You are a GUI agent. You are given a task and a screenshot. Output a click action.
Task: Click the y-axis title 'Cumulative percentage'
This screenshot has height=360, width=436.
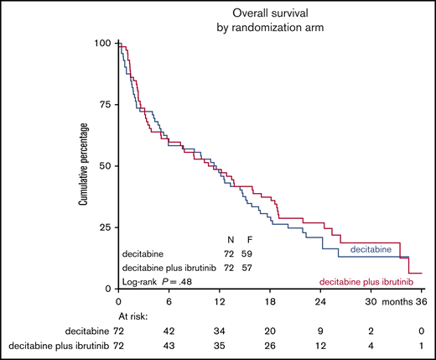84,164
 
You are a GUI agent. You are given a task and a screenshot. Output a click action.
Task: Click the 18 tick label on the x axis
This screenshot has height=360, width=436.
271,300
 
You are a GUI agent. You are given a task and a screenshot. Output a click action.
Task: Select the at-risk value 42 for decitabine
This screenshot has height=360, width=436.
169,331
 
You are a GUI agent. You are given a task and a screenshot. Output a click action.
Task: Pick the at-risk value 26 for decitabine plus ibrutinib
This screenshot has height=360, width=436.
271,346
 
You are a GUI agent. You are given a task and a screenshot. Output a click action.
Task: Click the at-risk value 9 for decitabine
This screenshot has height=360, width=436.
322,331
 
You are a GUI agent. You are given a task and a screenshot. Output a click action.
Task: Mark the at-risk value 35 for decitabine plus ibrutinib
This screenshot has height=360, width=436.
220,346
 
